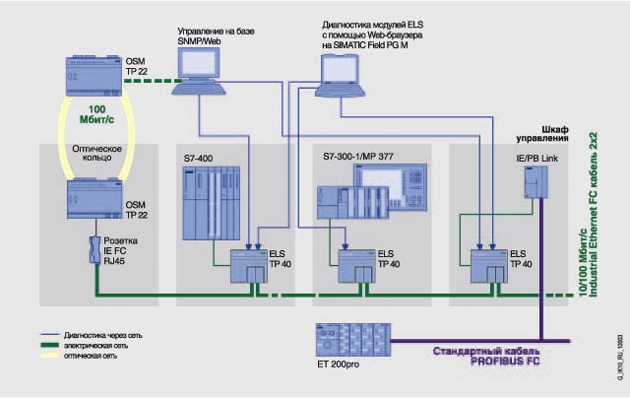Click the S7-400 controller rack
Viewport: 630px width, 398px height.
211,203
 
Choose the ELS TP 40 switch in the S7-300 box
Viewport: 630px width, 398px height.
355,265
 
